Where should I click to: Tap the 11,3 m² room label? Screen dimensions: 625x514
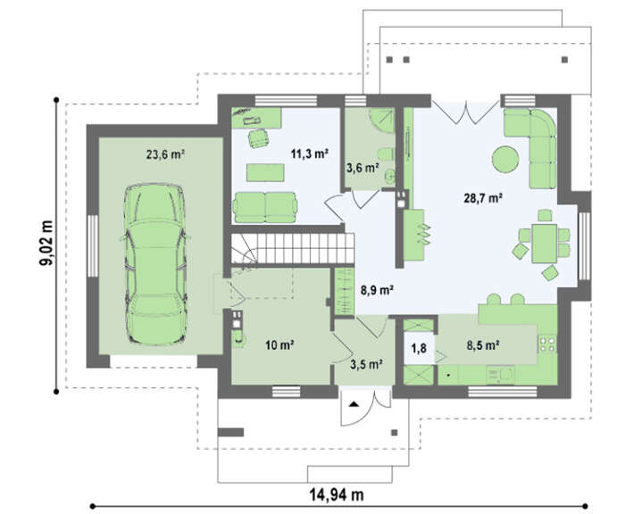(x=309, y=153)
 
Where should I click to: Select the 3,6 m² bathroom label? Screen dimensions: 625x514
(x=362, y=168)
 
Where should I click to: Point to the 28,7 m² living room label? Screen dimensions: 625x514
(x=482, y=197)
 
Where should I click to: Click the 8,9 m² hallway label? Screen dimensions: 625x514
(x=377, y=290)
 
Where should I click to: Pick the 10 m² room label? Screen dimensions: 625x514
(x=279, y=344)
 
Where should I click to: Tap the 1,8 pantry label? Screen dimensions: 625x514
(x=419, y=349)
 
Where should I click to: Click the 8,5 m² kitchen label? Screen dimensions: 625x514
(x=484, y=345)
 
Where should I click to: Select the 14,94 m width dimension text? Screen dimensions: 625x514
(x=337, y=495)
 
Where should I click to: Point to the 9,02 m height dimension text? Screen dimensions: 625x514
(x=46, y=243)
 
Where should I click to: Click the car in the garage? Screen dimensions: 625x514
(x=155, y=264)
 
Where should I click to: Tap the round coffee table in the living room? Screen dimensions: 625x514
(x=505, y=160)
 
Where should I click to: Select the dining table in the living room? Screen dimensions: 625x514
(x=544, y=244)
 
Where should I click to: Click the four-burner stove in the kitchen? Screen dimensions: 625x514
(x=546, y=344)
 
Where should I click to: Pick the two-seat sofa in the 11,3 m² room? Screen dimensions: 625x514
(x=265, y=207)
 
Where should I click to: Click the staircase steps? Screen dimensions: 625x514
(x=293, y=249)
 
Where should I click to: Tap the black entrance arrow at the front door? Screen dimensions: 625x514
(x=354, y=404)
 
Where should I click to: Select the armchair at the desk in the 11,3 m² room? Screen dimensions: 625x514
(x=258, y=138)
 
